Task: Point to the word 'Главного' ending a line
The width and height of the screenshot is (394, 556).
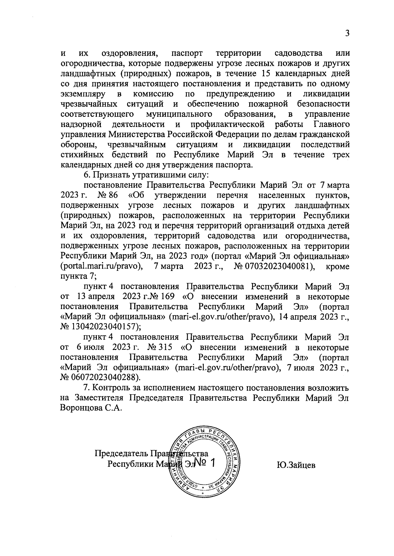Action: (332, 124)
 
